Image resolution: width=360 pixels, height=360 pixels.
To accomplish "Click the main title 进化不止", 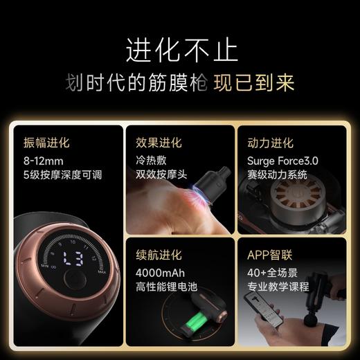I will click(x=181, y=50).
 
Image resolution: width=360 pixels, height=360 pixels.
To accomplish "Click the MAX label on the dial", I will click(x=102, y=271).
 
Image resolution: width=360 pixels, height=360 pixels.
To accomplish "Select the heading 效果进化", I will click(x=159, y=143).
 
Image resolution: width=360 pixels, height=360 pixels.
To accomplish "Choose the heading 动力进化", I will click(x=270, y=143).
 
